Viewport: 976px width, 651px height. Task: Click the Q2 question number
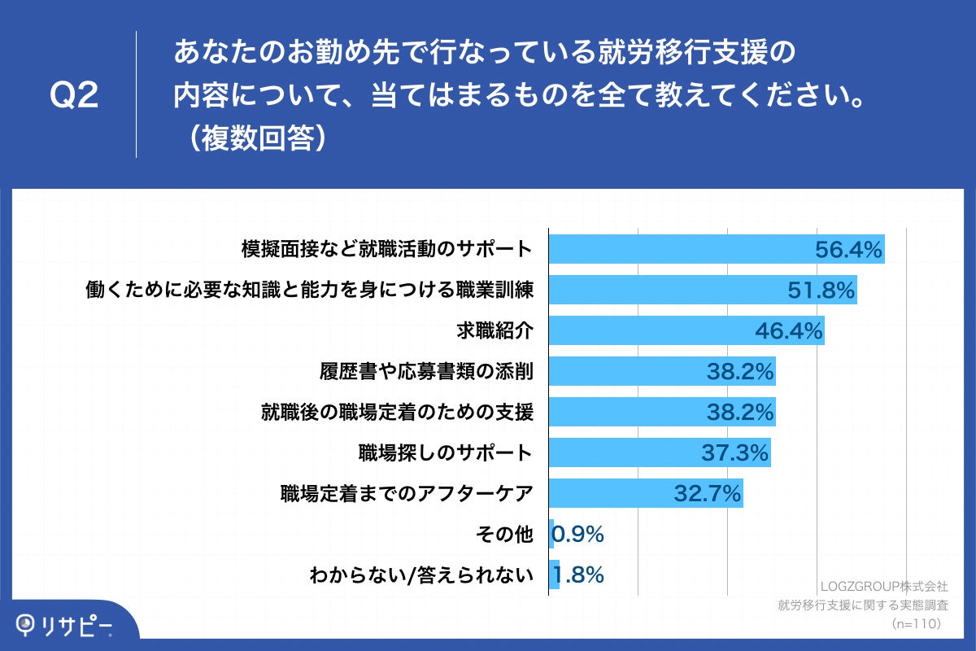(74, 96)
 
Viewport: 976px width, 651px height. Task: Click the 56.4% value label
(849, 250)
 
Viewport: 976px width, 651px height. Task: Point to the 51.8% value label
(821, 291)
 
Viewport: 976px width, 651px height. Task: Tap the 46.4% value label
(789, 331)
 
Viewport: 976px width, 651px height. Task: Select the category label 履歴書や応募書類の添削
(426, 372)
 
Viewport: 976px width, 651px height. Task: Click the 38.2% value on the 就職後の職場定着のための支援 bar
(739, 413)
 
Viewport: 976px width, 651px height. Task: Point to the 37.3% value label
(735, 453)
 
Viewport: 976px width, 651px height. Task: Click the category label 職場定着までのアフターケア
(407, 494)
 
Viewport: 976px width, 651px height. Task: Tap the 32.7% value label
(708, 494)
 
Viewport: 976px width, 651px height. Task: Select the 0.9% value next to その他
(577, 535)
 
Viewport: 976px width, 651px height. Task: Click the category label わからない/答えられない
(421, 575)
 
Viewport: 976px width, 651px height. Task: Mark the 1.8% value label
(578, 575)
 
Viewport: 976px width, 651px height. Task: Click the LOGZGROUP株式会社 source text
(883, 586)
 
